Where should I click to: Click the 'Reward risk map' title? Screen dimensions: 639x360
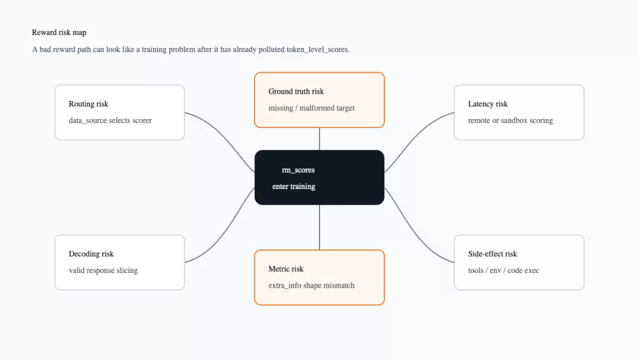tap(59, 33)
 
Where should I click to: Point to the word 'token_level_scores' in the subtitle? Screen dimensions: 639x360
tap(318, 50)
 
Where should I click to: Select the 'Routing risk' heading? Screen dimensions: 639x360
tap(88, 104)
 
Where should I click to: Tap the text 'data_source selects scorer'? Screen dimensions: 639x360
tap(110, 121)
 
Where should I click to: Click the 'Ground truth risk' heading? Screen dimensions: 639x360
tap(296, 91)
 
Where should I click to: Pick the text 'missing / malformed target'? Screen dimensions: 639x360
tap(311, 108)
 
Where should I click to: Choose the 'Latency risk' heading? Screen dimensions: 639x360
tap(488, 104)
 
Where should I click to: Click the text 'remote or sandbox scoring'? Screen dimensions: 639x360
tap(510, 121)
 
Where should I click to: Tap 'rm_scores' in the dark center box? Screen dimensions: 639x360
tap(298, 170)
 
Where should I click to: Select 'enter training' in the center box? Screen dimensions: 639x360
tap(294, 187)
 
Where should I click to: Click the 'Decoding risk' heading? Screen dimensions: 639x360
tap(91, 254)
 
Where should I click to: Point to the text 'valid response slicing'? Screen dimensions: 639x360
tap(103, 271)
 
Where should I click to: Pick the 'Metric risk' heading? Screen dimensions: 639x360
tap(286, 269)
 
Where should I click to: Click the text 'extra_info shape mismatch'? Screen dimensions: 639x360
tap(311, 286)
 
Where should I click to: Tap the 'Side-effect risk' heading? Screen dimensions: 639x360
tap(492, 254)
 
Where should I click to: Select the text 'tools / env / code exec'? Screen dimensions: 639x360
tap(504, 271)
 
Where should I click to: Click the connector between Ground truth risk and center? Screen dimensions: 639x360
tap(319, 139)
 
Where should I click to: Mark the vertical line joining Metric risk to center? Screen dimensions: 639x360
tap(319, 227)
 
